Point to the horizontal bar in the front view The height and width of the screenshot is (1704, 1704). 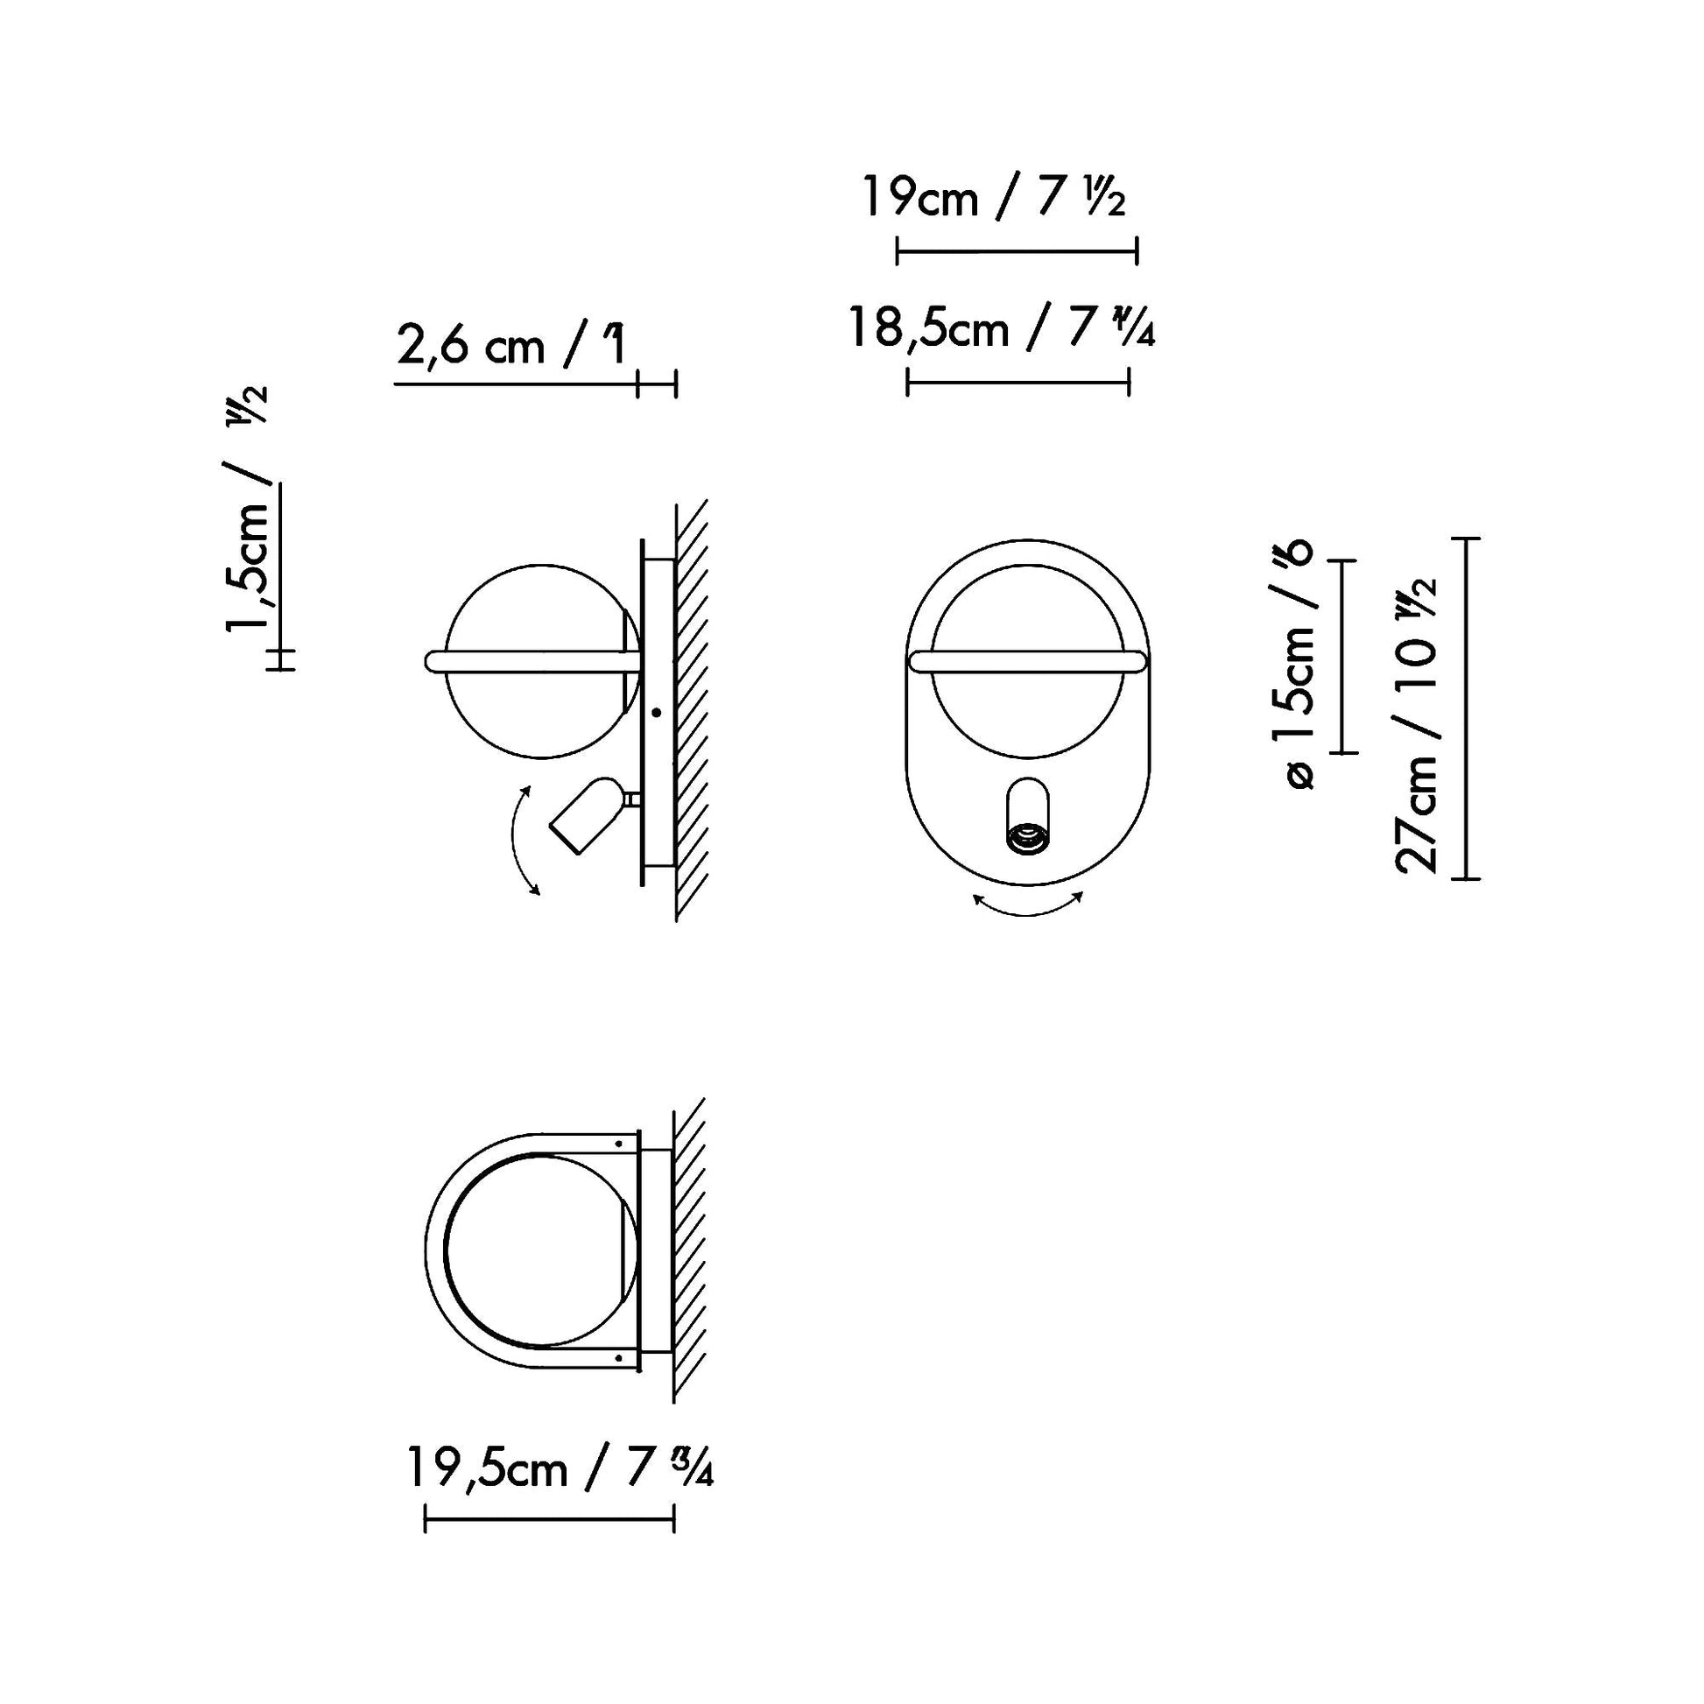[x=1028, y=661]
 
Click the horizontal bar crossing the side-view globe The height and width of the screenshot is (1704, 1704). [x=529, y=661]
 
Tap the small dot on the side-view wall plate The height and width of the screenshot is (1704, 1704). [x=656, y=711]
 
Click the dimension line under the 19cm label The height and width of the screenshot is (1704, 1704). [x=1017, y=251]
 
